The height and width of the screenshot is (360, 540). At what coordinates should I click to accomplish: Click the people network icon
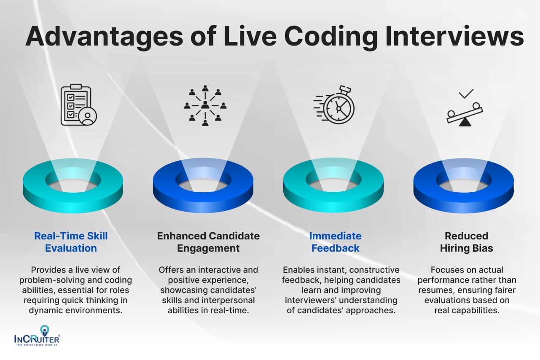point(205,105)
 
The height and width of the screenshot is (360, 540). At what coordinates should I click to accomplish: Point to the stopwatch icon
point(335,105)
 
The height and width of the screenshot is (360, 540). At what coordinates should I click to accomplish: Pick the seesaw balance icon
point(465,113)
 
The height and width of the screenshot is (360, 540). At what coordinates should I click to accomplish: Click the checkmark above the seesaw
point(466,93)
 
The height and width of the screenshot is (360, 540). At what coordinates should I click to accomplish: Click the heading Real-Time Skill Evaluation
point(71,242)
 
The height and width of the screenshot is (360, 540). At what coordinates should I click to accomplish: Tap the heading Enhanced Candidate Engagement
point(208,242)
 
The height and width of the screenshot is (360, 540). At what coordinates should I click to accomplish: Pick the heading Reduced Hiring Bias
point(466,242)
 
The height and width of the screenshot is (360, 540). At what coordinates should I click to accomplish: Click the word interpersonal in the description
point(230,300)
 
